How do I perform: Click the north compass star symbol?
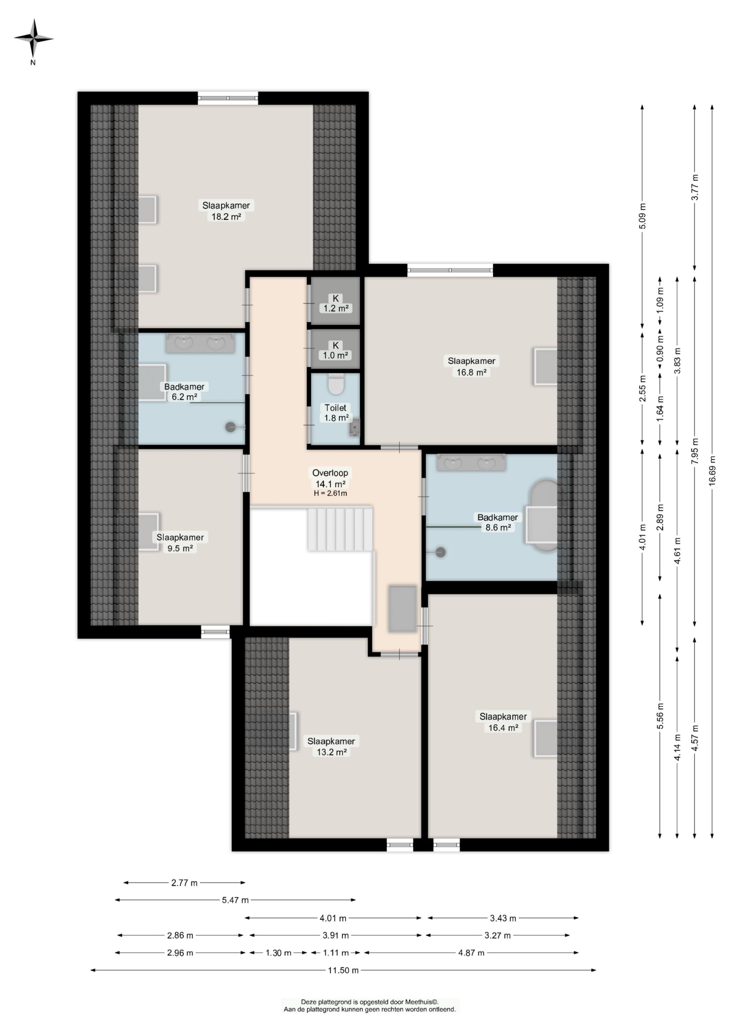(x=33, y=38)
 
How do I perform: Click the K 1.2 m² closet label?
(x=335, y=303)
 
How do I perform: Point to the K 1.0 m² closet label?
(x=335, y=350)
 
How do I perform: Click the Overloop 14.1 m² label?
(x=330, y=478)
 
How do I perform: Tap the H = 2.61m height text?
(x=330, y=493)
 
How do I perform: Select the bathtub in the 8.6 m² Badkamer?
(x=544, y=516)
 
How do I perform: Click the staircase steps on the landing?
(x=340, y=529)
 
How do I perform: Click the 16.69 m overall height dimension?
(x=712, y=471)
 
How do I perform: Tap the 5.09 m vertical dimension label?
(x=642, y=216)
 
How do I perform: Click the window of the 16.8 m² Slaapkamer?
(x=450, y=270)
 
